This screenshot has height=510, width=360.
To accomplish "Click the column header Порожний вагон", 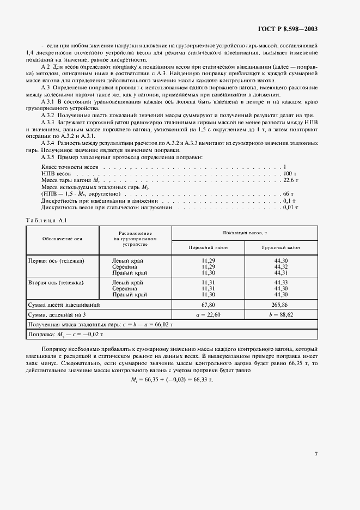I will tap(208, 247).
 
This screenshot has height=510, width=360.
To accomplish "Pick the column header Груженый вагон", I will tap(282, 247).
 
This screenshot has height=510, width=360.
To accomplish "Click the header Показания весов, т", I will tap(245, 232).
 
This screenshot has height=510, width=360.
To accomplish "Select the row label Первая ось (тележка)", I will tap(56, 261).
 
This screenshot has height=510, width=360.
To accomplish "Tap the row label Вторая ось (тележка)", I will tap(56, 283).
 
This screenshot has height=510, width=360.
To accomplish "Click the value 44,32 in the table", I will tap(282, 266).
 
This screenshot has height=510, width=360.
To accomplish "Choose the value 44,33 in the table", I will tap(282, 283).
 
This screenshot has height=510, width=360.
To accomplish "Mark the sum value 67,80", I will tap(208, 305).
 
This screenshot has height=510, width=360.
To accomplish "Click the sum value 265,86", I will tap(282, 305).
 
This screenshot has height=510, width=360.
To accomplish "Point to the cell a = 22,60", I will tap(208, 315).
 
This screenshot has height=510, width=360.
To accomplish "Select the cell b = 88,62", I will tap(282, 315).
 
